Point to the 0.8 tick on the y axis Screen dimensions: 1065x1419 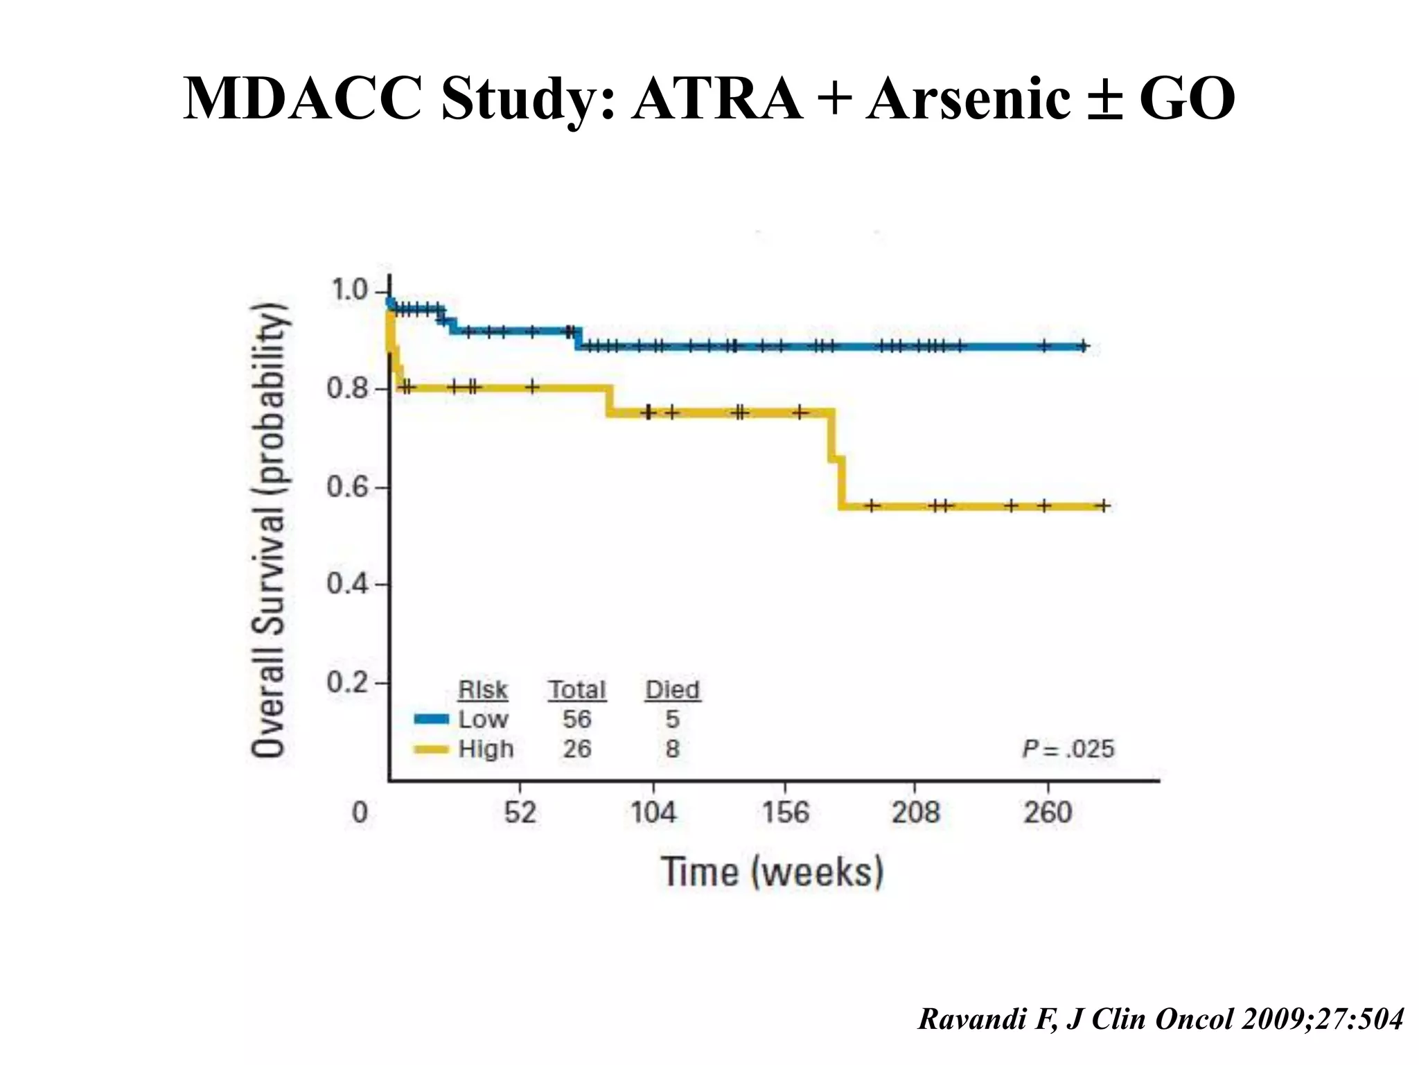(x=348, y=389)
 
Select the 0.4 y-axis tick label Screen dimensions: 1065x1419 (x=348, y=585)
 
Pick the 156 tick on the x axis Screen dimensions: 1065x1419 (x=785, y=812)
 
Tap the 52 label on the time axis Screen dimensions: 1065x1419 (x=520, y=812)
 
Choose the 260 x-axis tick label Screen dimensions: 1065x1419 (x=1048, y=812)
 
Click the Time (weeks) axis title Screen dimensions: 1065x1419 (x=773, y=872)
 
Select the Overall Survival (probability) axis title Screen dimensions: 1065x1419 (x=269, y=530)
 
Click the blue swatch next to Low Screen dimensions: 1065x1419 (x=432, y=719)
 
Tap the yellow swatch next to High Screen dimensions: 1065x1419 (x=432, y=749)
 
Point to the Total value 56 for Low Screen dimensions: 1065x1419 (x=576, y=719)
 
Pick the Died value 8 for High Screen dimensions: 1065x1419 (x=672, y=749)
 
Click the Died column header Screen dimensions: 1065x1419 (x=672, y=690)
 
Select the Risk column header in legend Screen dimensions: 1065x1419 (x=483, y=690)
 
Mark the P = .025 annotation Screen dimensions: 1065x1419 (x=1068, y=749)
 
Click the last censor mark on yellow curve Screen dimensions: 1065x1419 (x=1103, y=505)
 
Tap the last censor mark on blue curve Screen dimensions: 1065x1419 (x=1083, y=346)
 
